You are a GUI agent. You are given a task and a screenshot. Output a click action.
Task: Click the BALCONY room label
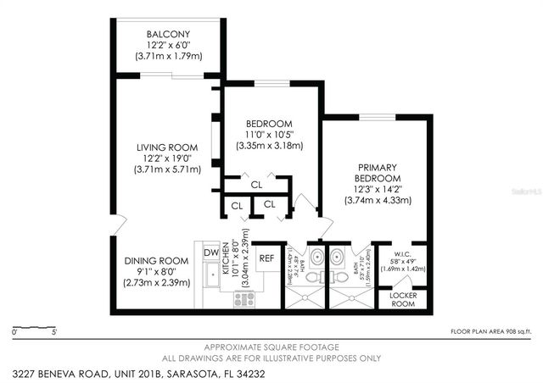point(167,32)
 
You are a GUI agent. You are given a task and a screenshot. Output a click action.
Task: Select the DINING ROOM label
point(155,260)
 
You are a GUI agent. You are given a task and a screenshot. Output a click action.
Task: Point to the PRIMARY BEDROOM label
point(378,173)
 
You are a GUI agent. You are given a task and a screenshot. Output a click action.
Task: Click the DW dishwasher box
point(210,252)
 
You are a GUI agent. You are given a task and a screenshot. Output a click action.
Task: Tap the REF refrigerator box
point(266,258)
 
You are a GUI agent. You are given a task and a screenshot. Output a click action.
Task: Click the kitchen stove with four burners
point(244,298)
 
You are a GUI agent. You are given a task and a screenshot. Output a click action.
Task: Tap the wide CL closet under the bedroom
point(256,183)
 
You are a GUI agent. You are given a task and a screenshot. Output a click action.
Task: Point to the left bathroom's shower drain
point(301,297)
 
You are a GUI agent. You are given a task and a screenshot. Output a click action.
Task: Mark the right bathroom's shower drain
point(347,297)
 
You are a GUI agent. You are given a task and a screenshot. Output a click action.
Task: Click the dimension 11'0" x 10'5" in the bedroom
point(270,134)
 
